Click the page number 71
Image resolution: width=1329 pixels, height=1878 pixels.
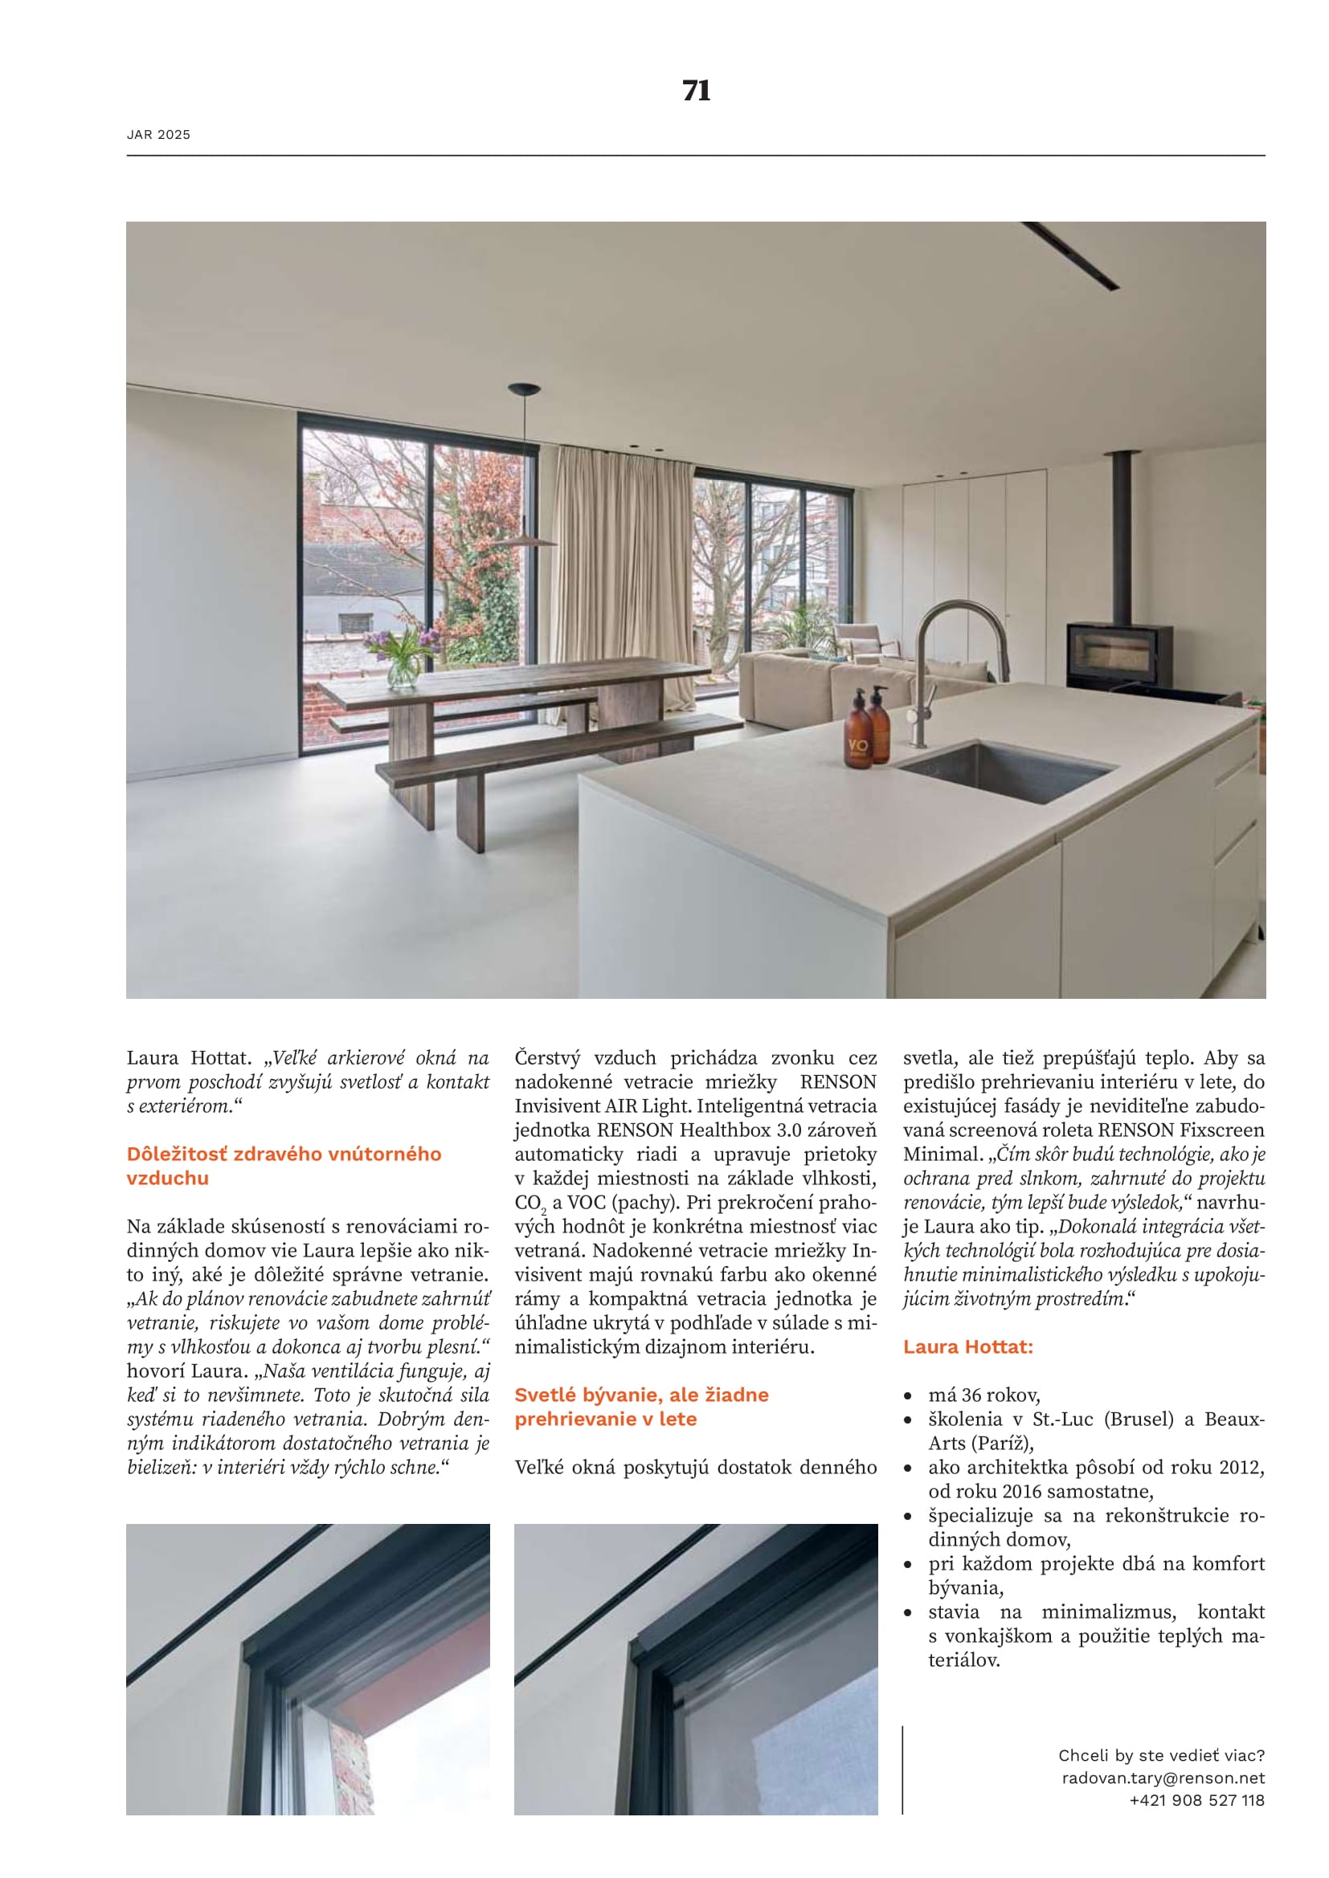pos(696,91)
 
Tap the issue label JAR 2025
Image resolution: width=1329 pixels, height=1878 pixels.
pos(159,135)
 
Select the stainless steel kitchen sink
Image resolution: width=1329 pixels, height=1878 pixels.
pos(1007,771)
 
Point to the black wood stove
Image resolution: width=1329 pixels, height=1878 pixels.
pos(1118,654)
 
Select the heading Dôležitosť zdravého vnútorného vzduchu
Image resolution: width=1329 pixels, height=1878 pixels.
pos(283,1166)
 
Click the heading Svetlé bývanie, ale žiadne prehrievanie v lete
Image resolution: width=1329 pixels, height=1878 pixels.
pos(640,1406)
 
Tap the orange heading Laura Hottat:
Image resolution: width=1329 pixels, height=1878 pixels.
pos(968,1346)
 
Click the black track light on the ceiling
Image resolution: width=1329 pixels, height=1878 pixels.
pos(1069,255)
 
